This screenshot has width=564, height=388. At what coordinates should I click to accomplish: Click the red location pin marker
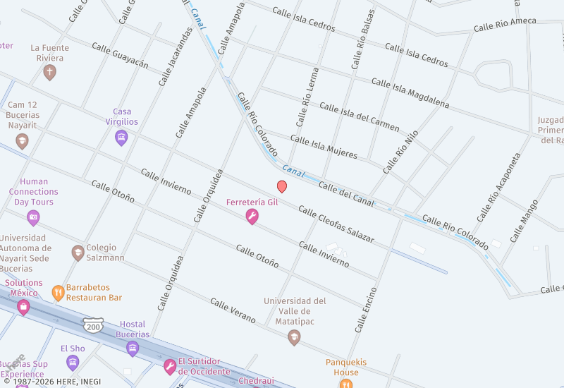click(282, 186)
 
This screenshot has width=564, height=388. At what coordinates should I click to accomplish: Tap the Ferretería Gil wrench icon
click(252, 217)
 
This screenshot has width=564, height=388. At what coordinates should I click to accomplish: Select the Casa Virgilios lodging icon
click(121, 138)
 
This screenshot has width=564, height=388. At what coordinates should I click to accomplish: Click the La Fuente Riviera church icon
click(49, 72)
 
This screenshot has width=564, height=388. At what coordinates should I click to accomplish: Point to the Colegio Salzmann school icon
click(78, 252)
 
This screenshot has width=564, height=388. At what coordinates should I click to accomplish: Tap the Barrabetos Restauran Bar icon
click(58, 292)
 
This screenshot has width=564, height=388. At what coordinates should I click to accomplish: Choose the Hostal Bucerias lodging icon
click(133, 348)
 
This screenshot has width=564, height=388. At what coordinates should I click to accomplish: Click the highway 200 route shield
click(92, 325)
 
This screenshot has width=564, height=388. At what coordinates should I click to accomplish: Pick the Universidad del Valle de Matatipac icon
click(294, 338)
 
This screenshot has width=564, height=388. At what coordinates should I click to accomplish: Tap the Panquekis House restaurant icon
click(345, 383)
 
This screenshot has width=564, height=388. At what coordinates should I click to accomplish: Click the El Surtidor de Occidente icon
click(170, 366)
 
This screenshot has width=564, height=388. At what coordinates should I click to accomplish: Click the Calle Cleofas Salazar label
click(336, 224)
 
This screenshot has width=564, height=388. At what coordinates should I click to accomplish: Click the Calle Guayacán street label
click(120, 55)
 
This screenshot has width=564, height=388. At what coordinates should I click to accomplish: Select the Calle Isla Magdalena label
click(410, 92)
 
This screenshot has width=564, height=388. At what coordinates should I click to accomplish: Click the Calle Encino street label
click(366, 310)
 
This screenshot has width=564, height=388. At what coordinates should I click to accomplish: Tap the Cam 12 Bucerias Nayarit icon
click(23, 141)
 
